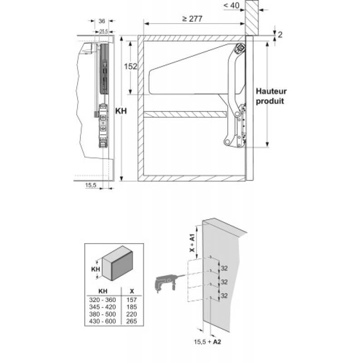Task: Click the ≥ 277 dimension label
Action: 192,19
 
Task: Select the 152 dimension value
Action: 131,66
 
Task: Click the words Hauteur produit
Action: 271,96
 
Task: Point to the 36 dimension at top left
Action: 102,21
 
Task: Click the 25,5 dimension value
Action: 103,31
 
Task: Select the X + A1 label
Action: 192,243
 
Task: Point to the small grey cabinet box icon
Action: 117,263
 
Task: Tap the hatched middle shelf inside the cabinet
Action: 185,114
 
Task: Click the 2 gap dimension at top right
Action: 281,34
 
